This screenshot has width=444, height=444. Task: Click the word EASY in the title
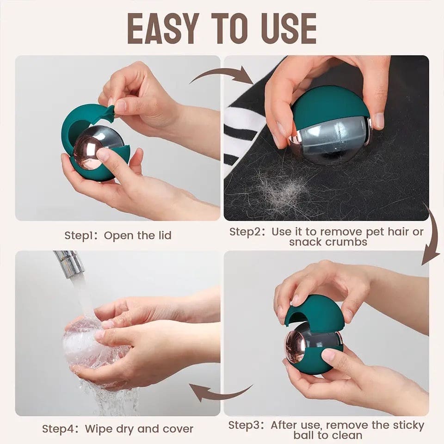click(x=161, y=29)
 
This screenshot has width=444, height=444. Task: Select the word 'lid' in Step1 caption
click(x=165, y=235)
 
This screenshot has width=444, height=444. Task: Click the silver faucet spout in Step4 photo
click(x=69, y=262)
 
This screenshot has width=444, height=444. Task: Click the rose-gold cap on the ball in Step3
click(x=295, y=346)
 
